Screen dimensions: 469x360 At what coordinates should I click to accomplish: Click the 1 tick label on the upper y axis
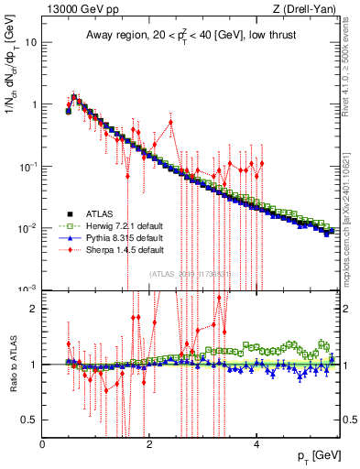[34, 104]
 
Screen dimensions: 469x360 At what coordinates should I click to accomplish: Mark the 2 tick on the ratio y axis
[34, 309]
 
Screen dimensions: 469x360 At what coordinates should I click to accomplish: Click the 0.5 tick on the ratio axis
[29, 420]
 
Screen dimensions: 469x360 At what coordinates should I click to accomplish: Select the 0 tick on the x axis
[42, 444]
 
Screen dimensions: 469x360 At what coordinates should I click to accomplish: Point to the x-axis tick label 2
[149, 444]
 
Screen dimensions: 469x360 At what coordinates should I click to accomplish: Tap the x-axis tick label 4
[256, 444]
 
